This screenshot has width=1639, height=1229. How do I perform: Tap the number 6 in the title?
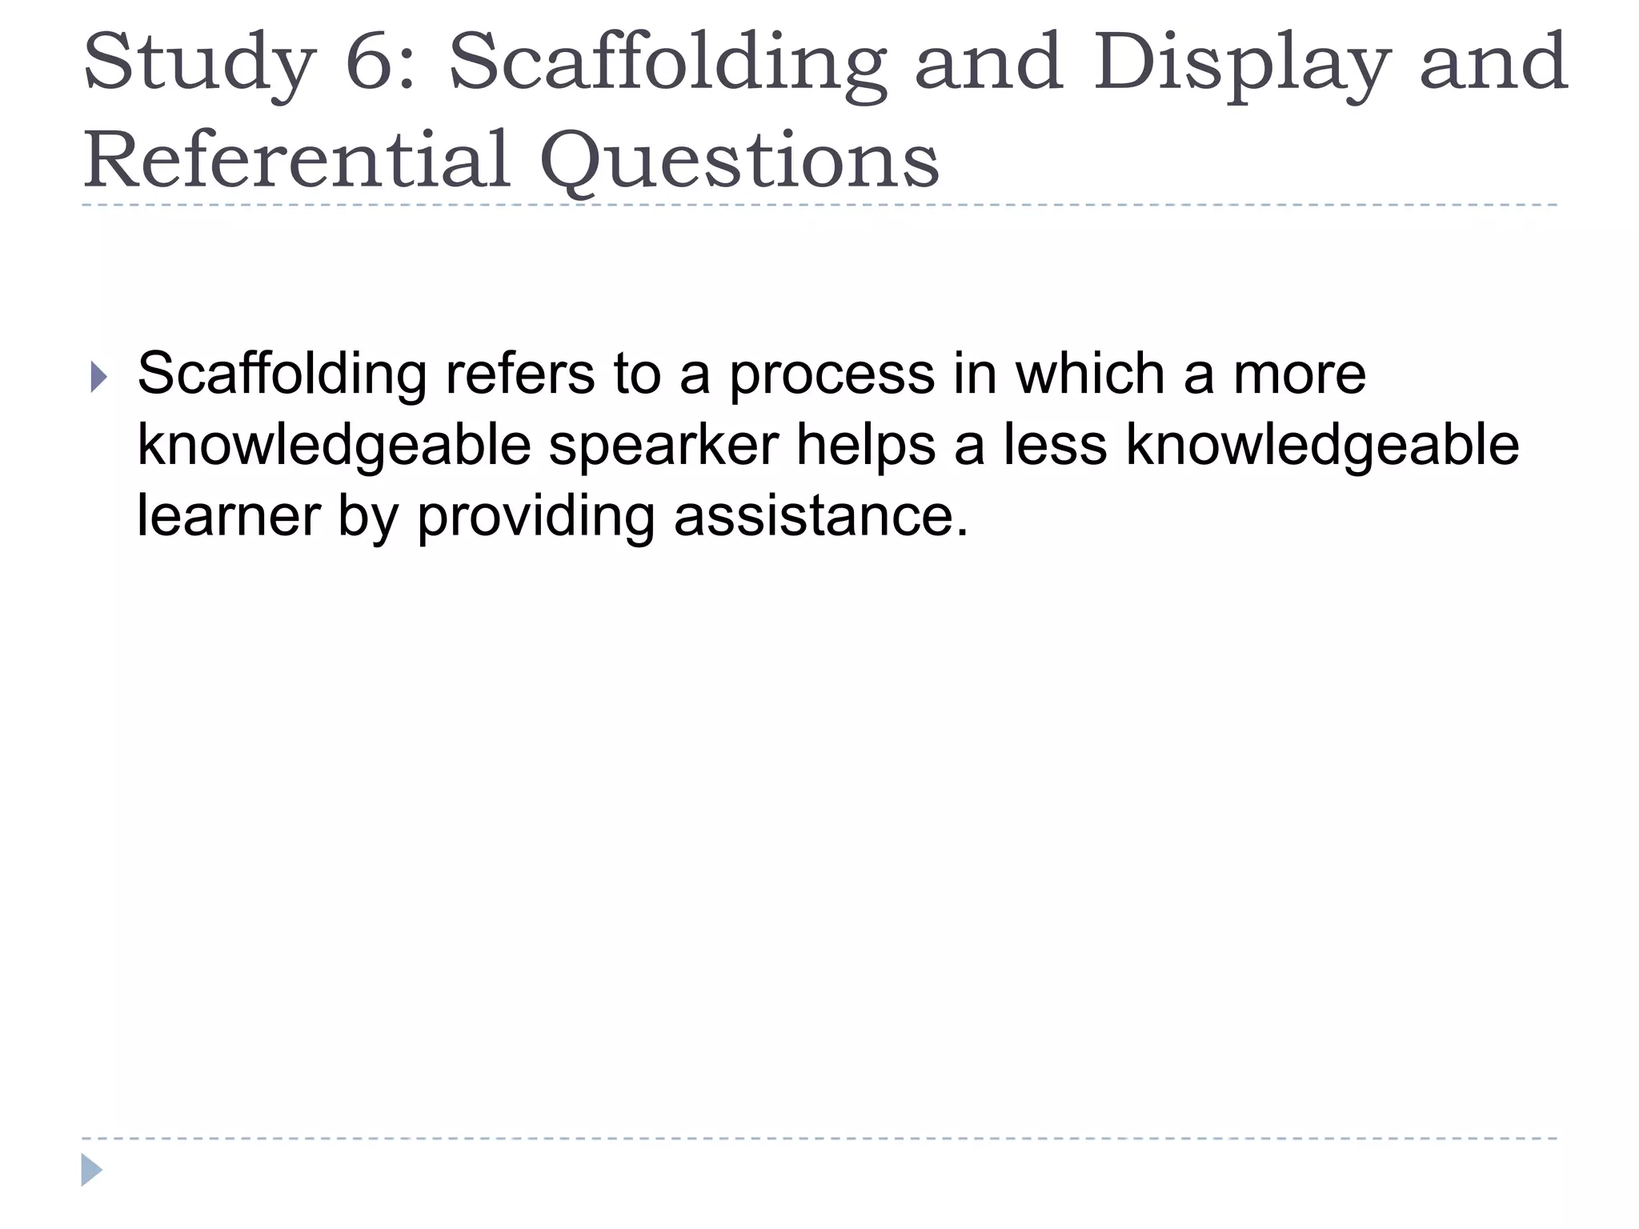[x=379, y=62]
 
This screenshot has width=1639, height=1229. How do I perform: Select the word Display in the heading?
[x=1238, y=62]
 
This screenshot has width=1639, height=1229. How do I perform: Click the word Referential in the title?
[x=297, y=160]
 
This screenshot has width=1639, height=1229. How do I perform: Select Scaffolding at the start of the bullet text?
[x=282, y=374]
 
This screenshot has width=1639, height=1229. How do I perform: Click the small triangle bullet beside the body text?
[x=98, y=376]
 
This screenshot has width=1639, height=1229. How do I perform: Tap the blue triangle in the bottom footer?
[x=91, y=1170]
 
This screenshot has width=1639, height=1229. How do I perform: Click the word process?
[x=832, y=375]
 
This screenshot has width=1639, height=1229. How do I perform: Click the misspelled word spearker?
[x=663, y=446]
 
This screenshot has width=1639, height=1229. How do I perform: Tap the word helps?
[x=865, y=446]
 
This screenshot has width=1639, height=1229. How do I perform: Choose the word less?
[x=1055, y=446]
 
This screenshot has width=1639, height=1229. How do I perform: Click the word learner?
[x=229, y=515]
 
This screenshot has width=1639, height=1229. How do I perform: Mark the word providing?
[x=535, y=517]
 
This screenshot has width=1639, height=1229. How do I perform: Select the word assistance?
[x=820, y=515]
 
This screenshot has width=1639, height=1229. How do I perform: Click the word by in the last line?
[x=368, y=517]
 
